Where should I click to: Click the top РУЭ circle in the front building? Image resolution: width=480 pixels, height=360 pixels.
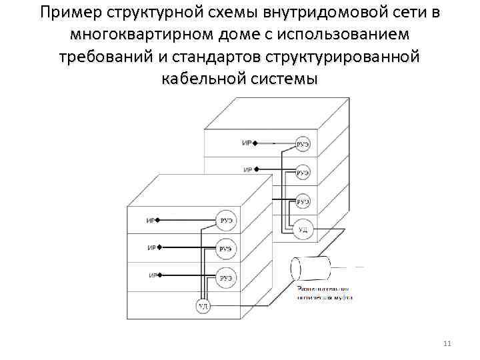click(225, 221)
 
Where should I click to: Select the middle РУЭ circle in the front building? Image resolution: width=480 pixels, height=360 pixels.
click(225, 249)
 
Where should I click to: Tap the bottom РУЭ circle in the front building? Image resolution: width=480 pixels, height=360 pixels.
click(225, 275)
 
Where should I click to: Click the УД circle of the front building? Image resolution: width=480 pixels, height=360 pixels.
click(203, 306)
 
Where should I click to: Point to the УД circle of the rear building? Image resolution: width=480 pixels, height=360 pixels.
click(303, 229)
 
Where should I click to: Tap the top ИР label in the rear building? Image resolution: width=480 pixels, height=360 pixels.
click(247, 143)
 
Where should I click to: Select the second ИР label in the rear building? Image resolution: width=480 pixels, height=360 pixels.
click(247, 170)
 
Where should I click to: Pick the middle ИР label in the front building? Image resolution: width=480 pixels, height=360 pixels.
click(151, 248)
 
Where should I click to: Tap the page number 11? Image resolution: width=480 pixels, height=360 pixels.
click(447, 343)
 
